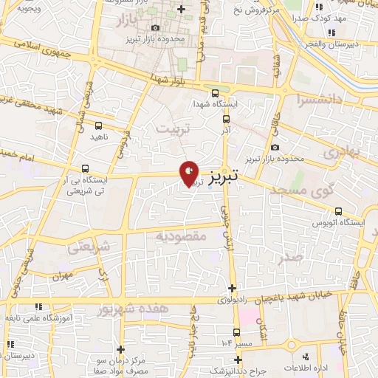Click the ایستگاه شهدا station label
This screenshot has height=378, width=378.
click(214, 104)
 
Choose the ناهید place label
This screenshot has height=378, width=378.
click(98, 137)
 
